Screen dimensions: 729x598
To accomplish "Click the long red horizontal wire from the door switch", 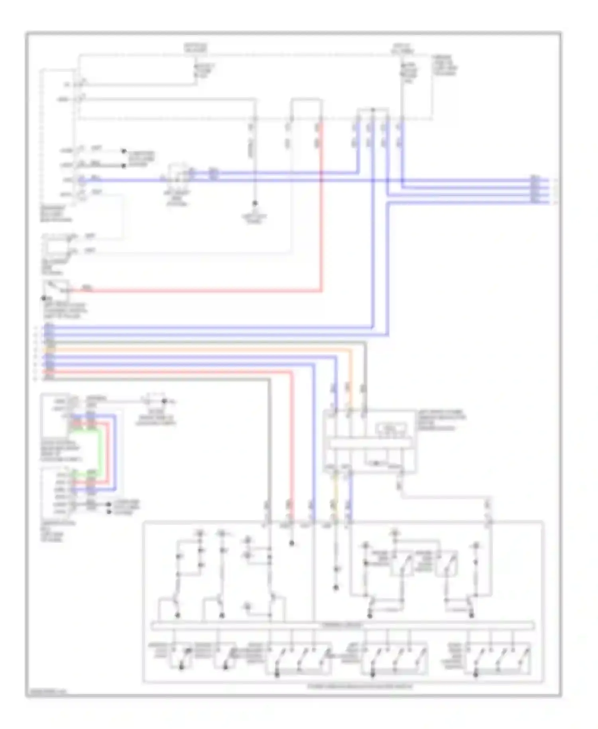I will [x=199, y=291].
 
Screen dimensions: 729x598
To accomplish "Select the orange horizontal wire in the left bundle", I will [x=199, y=350].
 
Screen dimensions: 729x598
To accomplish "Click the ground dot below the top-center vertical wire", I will [x=255, y=203].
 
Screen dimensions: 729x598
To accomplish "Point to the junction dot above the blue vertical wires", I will [x=372, y=109].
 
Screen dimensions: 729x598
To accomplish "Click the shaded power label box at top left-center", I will [x=195, y=48].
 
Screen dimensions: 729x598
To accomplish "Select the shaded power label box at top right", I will [x=403, y=48].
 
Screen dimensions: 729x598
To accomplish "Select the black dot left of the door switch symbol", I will [x=44, y=298].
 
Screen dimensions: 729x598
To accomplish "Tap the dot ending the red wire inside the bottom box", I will [x=292, y=543].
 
